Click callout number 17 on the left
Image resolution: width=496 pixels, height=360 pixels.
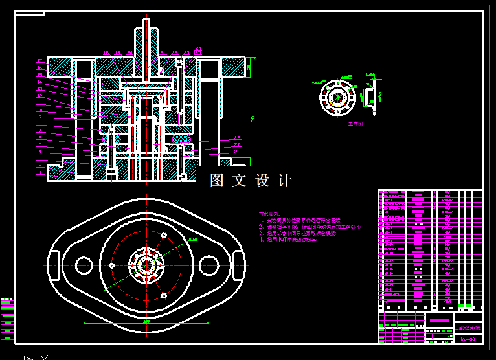click(x=39, y=61)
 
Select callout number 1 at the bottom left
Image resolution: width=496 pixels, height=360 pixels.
click(x=39, y=173)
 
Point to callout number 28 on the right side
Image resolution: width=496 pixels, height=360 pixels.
click(x=237, y=152)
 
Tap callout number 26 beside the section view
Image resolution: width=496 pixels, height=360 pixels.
click(x=237, y=138)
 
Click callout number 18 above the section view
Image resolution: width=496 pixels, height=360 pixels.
click(x=106, y=53)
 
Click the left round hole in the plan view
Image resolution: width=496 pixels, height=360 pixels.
click(x=84, y=265)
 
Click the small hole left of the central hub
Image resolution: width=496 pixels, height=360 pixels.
click(x=112, y=265)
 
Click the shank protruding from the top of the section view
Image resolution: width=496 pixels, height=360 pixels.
click(x=147, y=39)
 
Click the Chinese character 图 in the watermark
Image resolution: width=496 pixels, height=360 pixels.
click(x=217, y=181)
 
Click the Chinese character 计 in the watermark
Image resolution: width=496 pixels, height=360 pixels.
click(x=284, y=181)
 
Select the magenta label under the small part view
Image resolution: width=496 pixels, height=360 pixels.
click(x=355, y=123)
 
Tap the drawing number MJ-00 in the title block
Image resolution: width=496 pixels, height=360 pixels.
click(x=468, y=339)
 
